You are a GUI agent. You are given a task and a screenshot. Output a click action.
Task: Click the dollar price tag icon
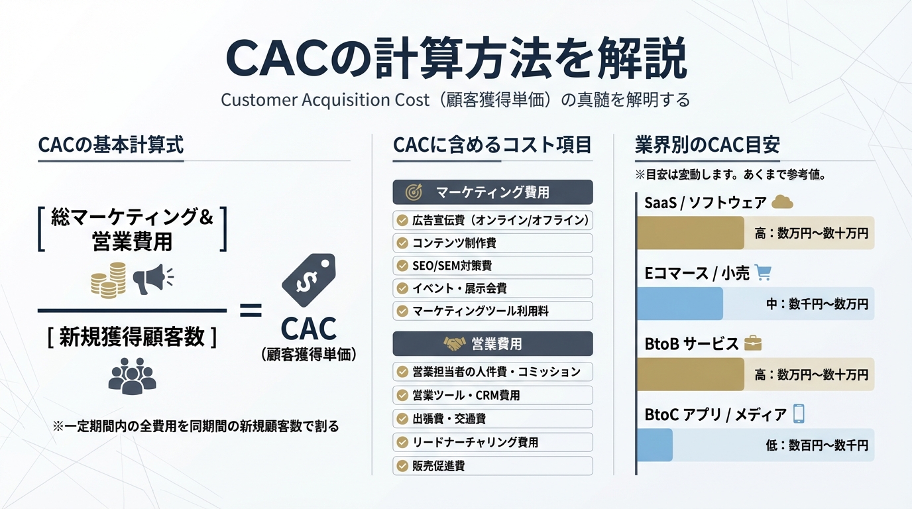point(308,280)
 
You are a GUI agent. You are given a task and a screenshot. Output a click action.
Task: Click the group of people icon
point(132,376)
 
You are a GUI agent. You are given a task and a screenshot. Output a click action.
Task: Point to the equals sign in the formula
point(250,310)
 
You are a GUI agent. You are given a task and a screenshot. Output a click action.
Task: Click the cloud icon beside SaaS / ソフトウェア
point(783,202)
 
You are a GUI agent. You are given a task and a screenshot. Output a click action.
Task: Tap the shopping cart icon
point(764,272)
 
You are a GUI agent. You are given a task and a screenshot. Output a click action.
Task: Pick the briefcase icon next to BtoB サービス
point(753,343)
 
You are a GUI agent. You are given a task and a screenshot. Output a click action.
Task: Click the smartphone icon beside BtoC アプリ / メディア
point(799,414)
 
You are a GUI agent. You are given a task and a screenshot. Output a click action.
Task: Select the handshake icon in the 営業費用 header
point(455,344)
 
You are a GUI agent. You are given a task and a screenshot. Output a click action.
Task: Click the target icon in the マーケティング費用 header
point(414,193)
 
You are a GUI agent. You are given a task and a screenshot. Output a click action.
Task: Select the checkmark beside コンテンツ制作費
point(402,243)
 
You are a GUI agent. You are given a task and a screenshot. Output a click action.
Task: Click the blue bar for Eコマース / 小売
point(680,304)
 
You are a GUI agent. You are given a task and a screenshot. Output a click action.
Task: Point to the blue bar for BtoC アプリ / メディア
point(655,445)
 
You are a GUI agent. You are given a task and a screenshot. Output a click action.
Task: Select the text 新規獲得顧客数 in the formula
point(132,337)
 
